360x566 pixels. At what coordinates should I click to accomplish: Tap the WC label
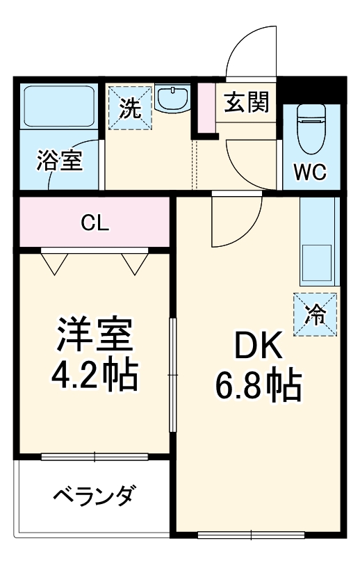311,172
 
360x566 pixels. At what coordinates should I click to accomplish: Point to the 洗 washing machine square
129,108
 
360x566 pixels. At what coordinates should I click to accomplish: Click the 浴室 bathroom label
60,161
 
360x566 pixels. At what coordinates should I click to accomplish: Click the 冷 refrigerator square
315,314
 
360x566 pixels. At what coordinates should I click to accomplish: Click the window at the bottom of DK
252,535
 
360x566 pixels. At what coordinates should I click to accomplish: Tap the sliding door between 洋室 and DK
172,375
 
